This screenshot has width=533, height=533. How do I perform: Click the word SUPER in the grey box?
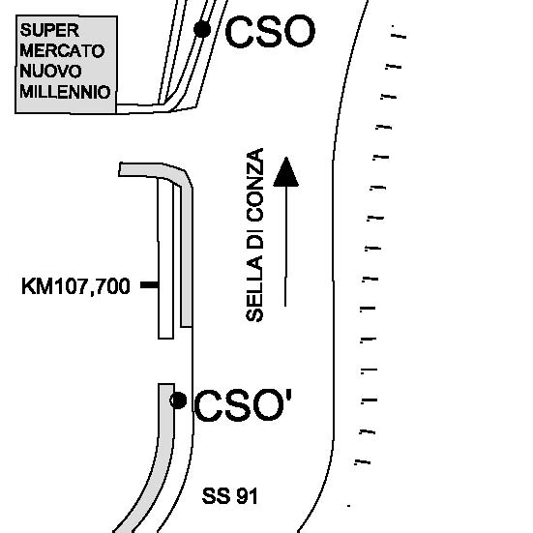click(49, 30)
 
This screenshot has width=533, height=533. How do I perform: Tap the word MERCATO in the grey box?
click(62, 51)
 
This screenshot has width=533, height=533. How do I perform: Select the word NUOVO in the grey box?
click(50, 72)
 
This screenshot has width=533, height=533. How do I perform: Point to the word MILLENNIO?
click(65, 92)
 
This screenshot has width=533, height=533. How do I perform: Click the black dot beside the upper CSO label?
click(202, 29)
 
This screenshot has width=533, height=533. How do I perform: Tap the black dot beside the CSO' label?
click(178, 400)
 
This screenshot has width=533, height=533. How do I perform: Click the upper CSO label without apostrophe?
click(270, 32)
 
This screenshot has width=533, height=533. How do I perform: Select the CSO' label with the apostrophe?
click(243, 405)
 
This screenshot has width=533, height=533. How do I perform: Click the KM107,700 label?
click(75, 286)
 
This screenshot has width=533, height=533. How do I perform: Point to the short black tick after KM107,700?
click(149, 284)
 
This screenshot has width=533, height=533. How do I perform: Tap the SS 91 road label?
click(230, 496)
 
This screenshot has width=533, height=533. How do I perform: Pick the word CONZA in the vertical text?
click(255, 178)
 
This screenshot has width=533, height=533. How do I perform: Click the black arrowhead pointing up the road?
click(286, 172)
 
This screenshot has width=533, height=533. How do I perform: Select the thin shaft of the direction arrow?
click(285, 247)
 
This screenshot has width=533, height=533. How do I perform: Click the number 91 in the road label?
click(247, 496)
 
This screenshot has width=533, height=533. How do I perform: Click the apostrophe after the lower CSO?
click(288, 397)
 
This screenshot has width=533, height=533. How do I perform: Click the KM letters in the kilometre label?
click(38, 286)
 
